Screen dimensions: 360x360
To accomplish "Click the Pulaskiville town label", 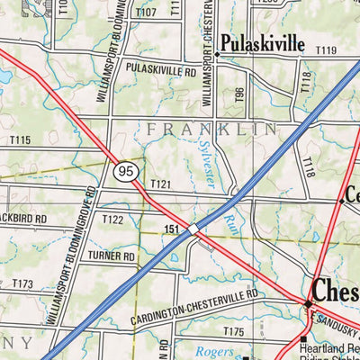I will tap(265, 43).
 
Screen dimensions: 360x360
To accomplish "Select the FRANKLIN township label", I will tap(212, 130).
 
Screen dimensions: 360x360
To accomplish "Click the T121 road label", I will tap(161, 184).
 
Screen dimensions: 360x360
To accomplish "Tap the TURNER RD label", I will tap(111, 256).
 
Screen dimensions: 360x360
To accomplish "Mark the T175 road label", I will tap(234, 332).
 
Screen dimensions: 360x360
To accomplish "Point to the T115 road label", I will tap(20, 139).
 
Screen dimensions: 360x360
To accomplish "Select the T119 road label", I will tap(326, 50).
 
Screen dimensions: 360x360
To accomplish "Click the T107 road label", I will tap(146, 13).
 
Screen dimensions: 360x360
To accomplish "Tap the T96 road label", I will tap(240, 96).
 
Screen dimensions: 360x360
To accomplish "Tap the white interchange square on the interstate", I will tap(193, 229).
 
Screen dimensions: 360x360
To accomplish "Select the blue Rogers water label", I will tap(213, 352).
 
